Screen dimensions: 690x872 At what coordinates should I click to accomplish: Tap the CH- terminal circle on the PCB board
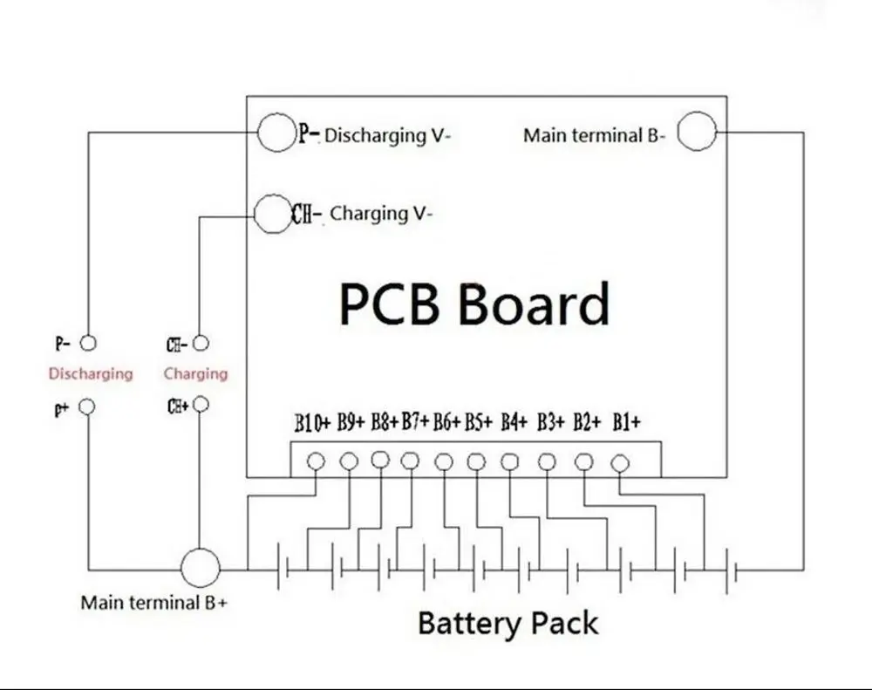(272, 212)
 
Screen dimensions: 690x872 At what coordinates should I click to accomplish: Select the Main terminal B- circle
(697, 132)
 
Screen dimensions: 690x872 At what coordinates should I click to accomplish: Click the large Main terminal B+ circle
(201, 569)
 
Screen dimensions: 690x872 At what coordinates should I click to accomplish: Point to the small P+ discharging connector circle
(87, 407)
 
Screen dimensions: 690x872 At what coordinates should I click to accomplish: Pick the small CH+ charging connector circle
(201, 405)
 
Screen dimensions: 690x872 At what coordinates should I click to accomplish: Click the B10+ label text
(312, 424)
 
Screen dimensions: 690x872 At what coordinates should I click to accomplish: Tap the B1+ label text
(626, 423)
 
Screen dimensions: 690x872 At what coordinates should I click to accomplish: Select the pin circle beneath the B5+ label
(475, 461)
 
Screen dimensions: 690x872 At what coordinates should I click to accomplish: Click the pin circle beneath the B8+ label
(379, 459)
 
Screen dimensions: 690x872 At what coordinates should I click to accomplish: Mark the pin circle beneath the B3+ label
(547, 461)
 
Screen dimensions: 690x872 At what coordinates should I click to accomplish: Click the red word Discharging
(91, 374)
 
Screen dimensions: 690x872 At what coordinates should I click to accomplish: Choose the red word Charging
(195, 374)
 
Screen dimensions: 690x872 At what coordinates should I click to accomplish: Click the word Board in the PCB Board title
(533, 304)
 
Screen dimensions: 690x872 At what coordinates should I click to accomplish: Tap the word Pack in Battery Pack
(565, 624)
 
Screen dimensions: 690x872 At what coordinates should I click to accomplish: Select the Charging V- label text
(381, 213)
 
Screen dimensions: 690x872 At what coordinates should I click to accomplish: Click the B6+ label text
(446, 423)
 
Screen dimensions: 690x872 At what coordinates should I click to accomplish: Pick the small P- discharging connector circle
(87, 343)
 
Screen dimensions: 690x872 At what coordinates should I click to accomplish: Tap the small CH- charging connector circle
(201, 343)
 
